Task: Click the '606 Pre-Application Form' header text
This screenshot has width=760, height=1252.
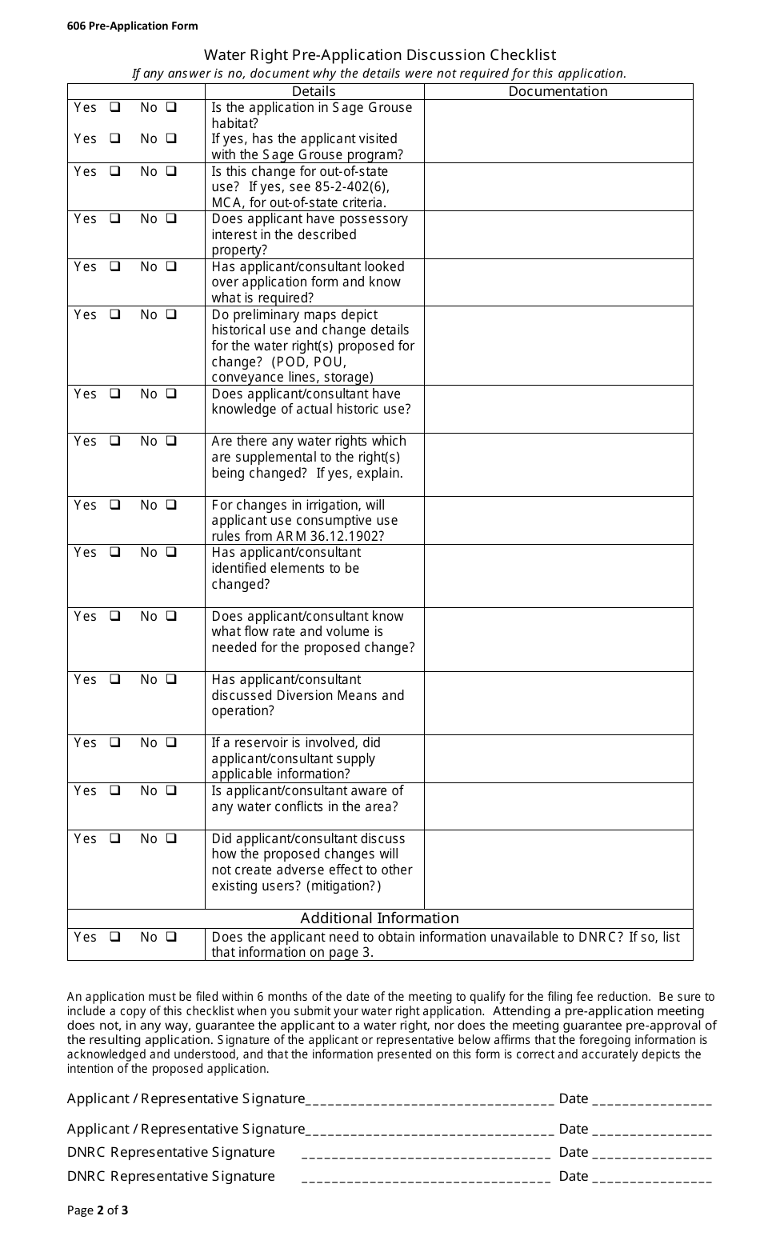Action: click(132, 26)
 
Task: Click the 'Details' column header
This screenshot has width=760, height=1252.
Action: click(314, 91)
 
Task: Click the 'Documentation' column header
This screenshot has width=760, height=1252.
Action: click(558, 91)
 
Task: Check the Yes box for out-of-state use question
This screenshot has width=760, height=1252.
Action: click(115, 171)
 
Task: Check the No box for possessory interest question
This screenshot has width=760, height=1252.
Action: click(171, 218)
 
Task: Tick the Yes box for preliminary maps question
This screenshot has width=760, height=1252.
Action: click(115, 314)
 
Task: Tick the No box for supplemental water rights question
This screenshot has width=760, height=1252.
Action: click(171, 441)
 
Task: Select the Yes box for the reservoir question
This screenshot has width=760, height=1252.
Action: click(115, 742)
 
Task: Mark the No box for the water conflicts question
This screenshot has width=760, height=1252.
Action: click(171, 790)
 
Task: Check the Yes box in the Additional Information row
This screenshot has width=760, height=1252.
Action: click(115, 937)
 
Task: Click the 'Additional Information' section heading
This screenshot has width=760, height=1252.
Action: click(379, 918)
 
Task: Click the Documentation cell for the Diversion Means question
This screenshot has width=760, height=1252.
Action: click(558, 702)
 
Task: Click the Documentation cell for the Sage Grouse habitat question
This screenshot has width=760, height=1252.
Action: click(558, 130)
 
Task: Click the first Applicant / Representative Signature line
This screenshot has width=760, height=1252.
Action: click(430, 1098)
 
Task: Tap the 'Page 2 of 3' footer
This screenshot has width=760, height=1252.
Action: click(98, 1210)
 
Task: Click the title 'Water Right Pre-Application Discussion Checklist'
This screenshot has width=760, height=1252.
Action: click(379, 54)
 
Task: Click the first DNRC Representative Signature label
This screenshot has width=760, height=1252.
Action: click(170, 1152)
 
